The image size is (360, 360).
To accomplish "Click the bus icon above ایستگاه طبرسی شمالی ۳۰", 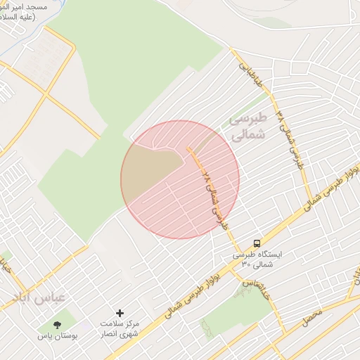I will click(257, 241).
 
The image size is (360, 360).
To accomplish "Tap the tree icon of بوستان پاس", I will click(57, 324).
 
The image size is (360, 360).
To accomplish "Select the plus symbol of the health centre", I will click(120, 312).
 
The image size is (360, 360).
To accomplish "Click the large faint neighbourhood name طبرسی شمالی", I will click(248, 127).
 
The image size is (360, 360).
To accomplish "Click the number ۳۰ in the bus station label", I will click(246, 264).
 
